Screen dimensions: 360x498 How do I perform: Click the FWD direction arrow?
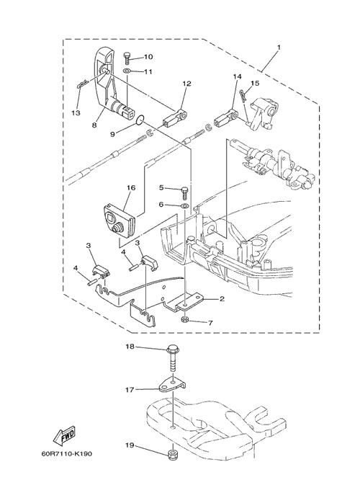pos(64,435)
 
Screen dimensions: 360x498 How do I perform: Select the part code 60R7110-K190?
pos(67,453)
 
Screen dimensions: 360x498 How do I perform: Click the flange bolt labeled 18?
pos(173,359)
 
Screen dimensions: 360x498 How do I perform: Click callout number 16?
pos(131,187)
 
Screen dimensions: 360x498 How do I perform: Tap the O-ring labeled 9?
pos(140,120)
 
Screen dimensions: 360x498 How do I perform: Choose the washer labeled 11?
pos(127,71)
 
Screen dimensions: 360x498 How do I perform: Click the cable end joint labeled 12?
pos(175,117)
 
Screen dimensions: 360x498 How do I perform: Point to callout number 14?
pos(237,76)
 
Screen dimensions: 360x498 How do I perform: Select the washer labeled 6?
pos(184,206)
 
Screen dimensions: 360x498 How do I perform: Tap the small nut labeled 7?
pos(185,319)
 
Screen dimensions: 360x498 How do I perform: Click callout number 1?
pos(279,48)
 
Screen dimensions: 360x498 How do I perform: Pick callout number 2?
pos(222,299)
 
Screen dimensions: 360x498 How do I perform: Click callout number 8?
pos(94,125)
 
